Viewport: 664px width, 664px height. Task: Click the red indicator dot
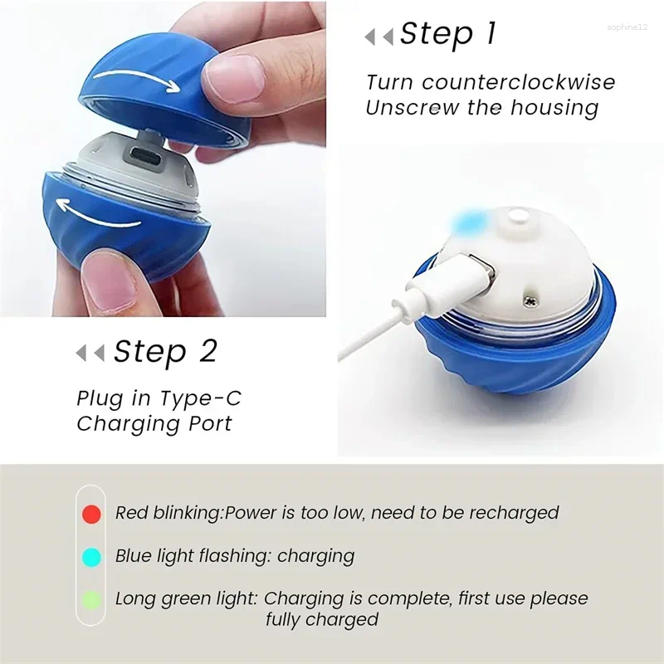92,514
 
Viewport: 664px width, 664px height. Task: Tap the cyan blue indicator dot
92,557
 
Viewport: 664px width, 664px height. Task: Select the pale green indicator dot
92,599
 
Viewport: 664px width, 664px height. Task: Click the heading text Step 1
447,34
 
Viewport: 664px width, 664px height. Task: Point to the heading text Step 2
164,352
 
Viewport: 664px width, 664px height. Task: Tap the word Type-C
203,398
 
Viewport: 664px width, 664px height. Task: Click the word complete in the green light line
402,598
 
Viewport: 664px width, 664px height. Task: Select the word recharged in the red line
515,513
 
